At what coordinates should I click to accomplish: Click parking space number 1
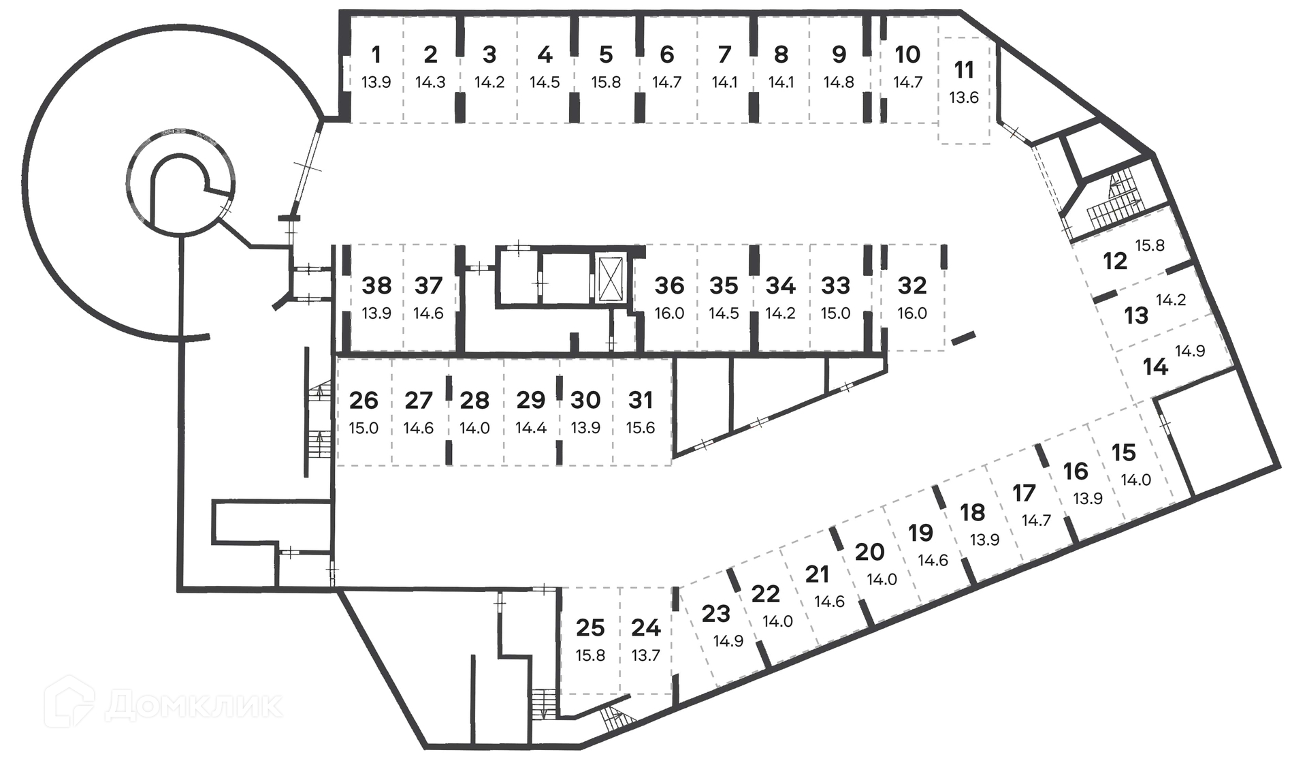(x=376, y=54)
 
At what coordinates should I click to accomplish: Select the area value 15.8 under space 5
(x=606, y=82)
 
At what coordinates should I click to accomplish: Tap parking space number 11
(x=963, y=70)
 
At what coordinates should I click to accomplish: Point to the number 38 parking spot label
(x=376, y=285)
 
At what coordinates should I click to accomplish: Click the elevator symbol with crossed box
(x=609, y=278)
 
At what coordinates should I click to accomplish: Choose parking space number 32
(x=912, y=285)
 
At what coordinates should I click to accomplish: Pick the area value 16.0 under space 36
(x=669, y=313)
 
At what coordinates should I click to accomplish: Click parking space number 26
(x=364, y=401)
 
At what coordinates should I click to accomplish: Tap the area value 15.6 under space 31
(x=641, y=428)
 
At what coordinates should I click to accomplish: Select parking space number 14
(x=1155, y=367)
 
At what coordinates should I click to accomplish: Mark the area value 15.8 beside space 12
(x=1150, y=245)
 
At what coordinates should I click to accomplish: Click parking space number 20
(x=869, y=552)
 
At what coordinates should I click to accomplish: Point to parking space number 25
(x=590, y=627)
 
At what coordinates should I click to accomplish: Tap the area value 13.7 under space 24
(x=645, y=655)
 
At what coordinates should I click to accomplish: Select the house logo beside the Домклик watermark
(x=69, y=702)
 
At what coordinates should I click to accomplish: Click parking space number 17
(x=1024, y=493)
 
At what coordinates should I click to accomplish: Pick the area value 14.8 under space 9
(x=839, y=82)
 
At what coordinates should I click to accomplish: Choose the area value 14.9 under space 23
(x=728, y=641)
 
